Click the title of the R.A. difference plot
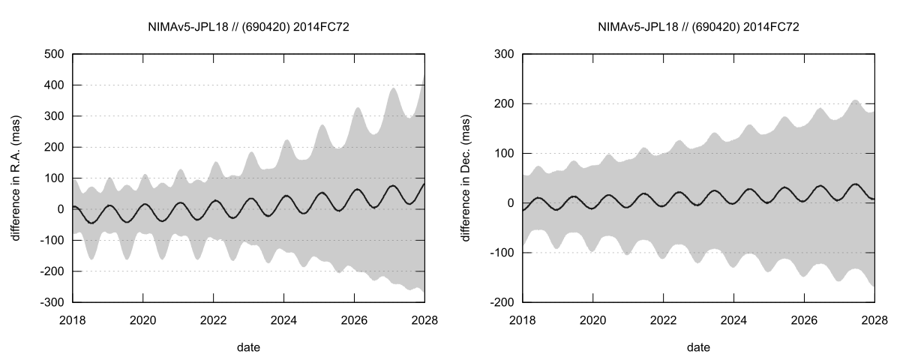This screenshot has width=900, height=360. (248, 27)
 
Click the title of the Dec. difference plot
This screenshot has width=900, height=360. (698, 27)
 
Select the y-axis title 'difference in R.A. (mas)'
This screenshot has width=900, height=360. (16, 178)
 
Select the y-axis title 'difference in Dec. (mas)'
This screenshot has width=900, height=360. (466, 178)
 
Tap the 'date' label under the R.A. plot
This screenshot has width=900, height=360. (248, 347)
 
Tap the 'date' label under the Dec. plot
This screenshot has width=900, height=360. (698, 347)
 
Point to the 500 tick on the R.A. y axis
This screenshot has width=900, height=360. (52, 54)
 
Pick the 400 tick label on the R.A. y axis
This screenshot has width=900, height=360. (52, 85)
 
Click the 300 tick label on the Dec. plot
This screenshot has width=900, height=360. (502, 54)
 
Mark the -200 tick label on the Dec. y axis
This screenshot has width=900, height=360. (499, 302)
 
